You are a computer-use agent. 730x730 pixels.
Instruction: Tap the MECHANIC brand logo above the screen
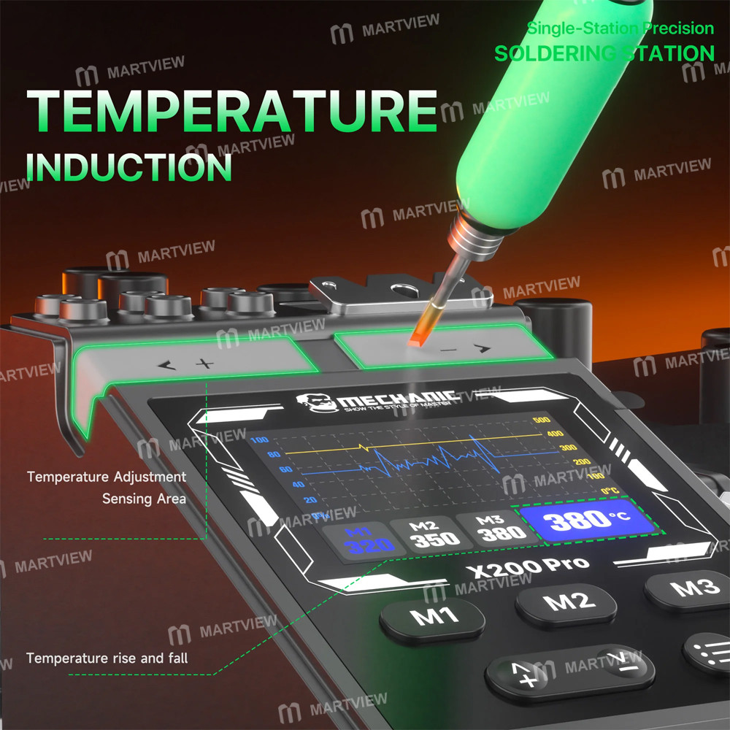pyautogui.click(x=377, y=399)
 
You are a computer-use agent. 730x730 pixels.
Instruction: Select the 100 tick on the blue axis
pyautogui.click(x=260, y=440)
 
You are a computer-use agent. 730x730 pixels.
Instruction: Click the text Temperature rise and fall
pyautogui.click(x=107, y=658)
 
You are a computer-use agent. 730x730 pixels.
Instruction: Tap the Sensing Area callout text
pyautogui.click(x=144, y=499)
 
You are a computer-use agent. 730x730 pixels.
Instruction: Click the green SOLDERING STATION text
pyautogui.click(x=604, y=53)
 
